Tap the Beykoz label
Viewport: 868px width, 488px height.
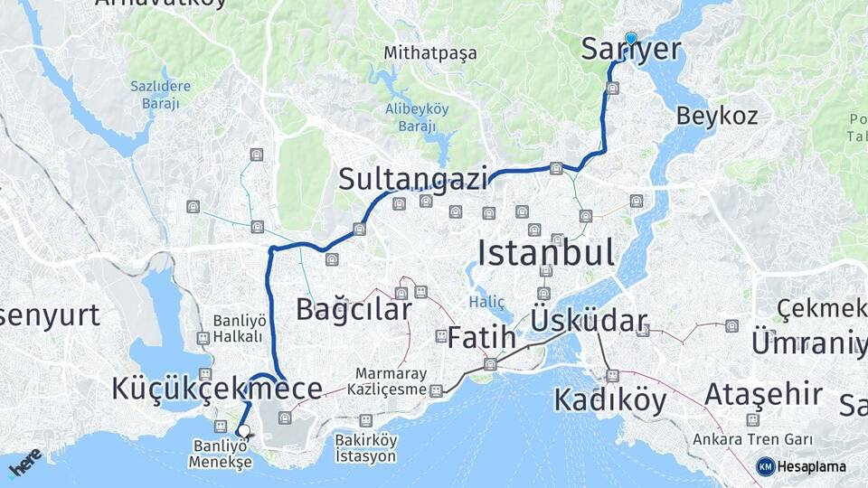coord(717,116)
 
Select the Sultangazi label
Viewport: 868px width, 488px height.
coord(413,179)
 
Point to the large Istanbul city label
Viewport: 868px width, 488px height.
coord(545,253)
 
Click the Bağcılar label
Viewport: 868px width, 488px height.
coord(354,310)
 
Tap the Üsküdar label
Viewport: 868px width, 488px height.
coord(590,320)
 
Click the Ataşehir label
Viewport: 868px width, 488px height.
coord(763,395)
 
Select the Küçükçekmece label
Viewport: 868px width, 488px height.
coord(217,389)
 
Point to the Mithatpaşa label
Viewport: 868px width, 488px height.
coord(430,52)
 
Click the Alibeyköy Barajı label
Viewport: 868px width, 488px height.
coord(417,117)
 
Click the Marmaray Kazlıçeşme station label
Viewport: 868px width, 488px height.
coord(390,381)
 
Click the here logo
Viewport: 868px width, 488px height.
coord(24,464)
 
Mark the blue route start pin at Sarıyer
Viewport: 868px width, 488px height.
coord(630,38)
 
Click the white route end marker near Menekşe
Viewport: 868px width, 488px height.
coord(243,431)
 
